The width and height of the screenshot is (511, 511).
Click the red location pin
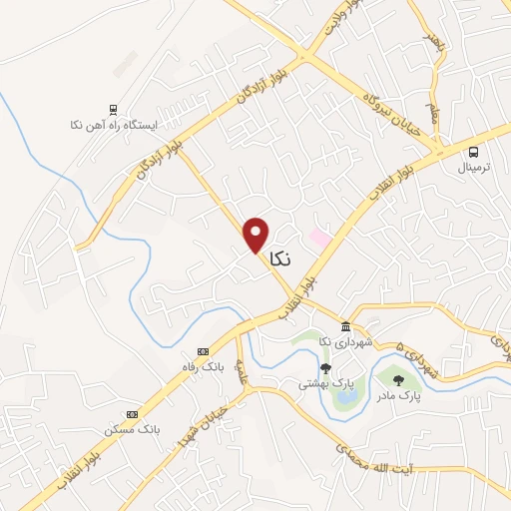(x=256, y=235)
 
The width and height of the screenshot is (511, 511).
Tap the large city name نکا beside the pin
(x=281, y=257)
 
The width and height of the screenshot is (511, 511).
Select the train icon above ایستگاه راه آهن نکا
(x=113, y=110)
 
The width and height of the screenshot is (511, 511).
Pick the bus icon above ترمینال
(x=474, y=152)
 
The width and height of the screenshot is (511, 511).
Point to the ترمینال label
(x=476, y=169)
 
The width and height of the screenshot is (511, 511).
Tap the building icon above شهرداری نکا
(x=345, y=328)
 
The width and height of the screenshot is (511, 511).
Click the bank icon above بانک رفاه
(x=204, y=351)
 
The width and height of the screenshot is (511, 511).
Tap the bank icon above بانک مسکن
(x=132, y=413)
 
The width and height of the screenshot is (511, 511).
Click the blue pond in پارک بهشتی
(x=345, y=397)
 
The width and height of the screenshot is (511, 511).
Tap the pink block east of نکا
(x=319, y=239)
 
